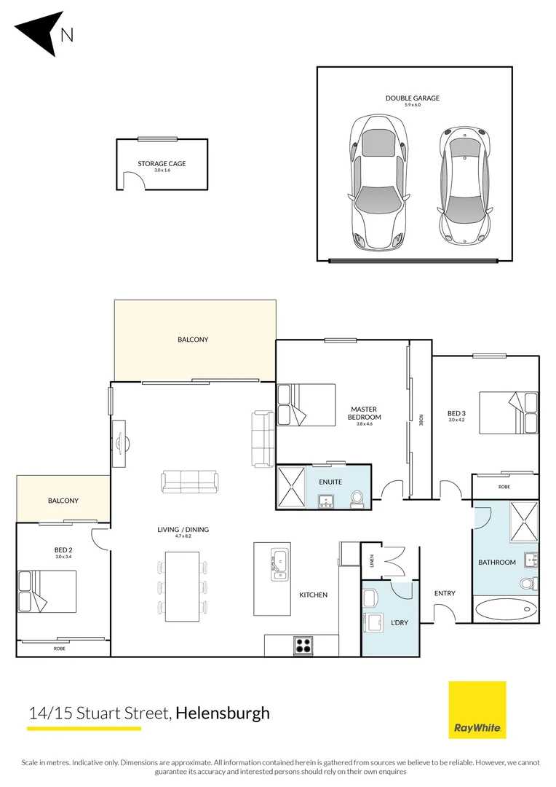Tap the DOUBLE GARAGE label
click(413, 98)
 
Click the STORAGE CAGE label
click(162, 164)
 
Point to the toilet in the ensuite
click(357, 498)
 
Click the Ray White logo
click(477, 710)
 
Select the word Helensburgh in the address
click(223, 713)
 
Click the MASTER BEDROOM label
click(365, 413)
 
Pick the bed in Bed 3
click(509, 413)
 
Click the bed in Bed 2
click(47, 590)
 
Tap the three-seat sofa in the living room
click(188, 481)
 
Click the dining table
click(182, 586)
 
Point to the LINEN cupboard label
click(371, 560)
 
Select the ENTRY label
click(445, 593)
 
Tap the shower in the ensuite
click(293, 487)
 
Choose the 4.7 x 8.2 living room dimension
click(173, 537)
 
